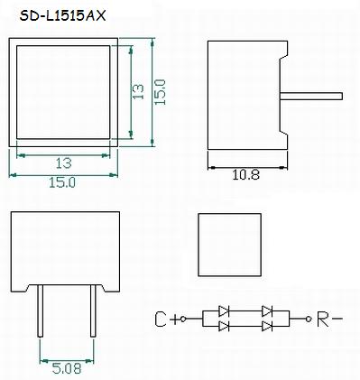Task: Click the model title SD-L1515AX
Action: [63, 16]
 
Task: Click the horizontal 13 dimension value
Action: [64, 163]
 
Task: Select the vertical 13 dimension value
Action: [138, 91]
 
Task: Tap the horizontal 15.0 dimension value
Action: [62, 182]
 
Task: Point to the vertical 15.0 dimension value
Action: [160, 92]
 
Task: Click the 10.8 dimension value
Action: [245, 174]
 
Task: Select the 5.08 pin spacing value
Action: [67, 368]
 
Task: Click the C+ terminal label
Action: [167, 320]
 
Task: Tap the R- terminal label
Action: [329, 320]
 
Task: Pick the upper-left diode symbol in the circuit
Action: [224, 311]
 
